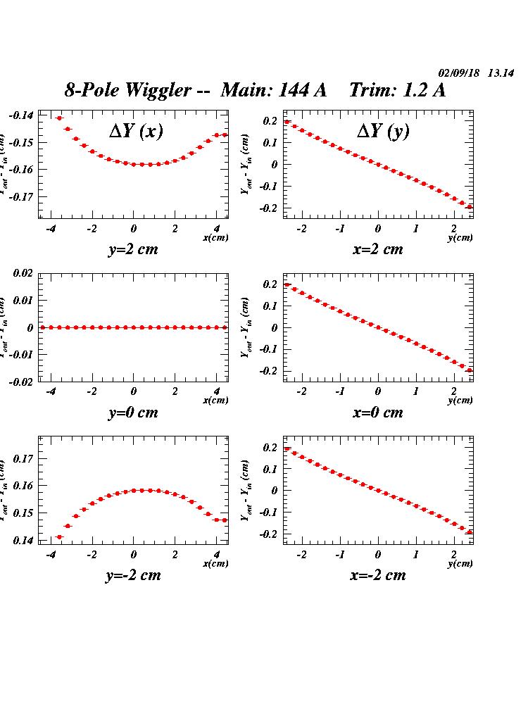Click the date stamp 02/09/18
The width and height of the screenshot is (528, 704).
click(459, 73)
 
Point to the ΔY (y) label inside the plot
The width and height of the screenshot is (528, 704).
click(383, 131)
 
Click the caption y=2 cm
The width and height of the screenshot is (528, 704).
click(133, 249)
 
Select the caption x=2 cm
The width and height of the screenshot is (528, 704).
click(378, 249)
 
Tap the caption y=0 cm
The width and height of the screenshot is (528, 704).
click(133, 413)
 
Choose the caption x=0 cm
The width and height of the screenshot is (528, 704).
click(378, 413)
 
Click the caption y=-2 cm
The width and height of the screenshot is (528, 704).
click(133, 575)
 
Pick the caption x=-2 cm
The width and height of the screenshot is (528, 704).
click(378, 575)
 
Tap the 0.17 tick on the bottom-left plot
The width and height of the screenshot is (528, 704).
click(23, 458)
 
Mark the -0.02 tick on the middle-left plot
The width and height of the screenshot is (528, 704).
click(21, 382)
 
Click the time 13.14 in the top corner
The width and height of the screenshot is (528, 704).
click(501, 73)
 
